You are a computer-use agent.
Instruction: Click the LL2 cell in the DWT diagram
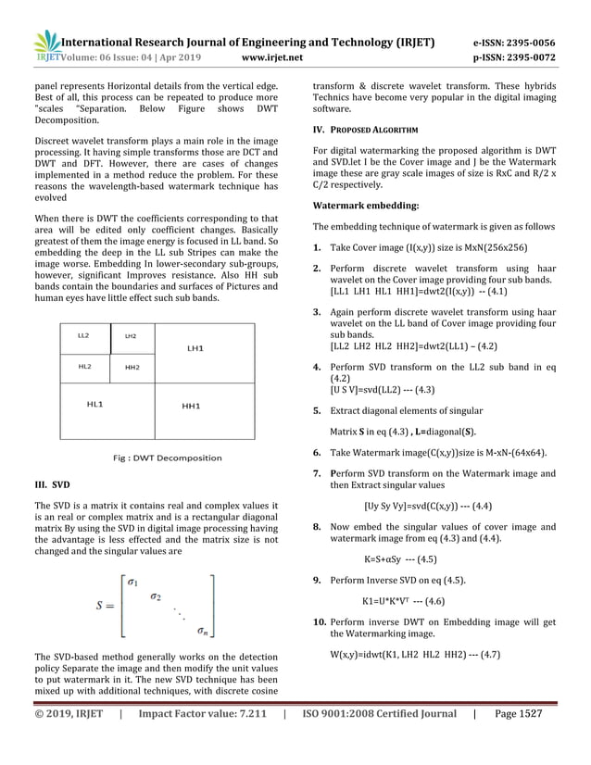coord(84,335)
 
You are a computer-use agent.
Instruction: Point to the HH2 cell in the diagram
coord(132,368)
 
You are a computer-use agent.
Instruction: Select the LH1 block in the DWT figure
coord(195,348)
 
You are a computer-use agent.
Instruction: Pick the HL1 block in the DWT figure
coord(94,405)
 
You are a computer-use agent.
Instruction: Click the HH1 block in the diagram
coord(193,407)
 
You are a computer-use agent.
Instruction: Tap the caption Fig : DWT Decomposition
coord(167,458)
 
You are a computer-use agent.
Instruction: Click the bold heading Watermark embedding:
coord(365,204)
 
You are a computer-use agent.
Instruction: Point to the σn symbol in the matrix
coord(201,632)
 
